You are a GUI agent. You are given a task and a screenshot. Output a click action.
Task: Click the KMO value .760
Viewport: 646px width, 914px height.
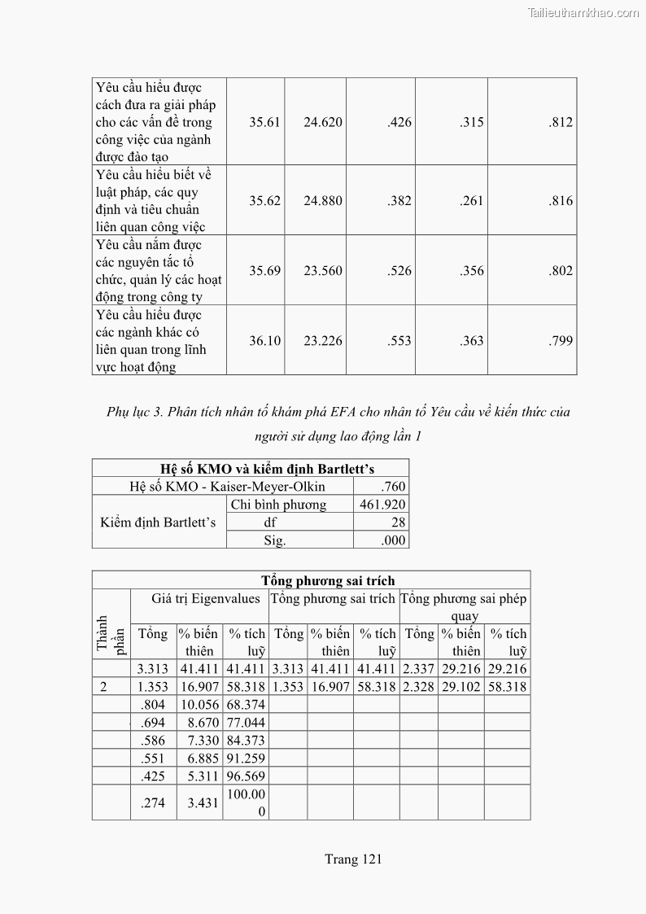pos(393,487)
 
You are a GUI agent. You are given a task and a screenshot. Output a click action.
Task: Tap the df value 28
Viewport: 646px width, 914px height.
pos(398,523)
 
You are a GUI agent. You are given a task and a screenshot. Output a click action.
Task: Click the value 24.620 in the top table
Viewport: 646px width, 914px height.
pos(323,122)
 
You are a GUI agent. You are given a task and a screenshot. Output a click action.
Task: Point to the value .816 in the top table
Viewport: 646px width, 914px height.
pos(561,201)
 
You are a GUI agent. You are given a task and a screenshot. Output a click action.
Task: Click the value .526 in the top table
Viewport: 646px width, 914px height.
pos(399,271)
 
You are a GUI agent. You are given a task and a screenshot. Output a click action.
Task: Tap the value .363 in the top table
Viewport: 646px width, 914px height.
pos(471,341)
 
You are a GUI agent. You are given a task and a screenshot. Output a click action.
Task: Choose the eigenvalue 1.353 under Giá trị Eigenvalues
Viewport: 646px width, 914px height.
pos(153,687)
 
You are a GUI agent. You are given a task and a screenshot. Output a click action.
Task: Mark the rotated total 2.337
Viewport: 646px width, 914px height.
pos(419,669)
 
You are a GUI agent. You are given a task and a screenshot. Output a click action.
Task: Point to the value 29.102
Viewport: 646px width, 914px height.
pos(460,687)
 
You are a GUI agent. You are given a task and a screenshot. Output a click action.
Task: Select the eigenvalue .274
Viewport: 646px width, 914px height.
pos(153,802)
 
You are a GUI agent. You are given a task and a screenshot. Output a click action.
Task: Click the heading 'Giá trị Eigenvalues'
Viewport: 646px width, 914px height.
pos(206,598)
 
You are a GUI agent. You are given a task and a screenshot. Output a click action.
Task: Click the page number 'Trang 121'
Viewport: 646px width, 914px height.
pos(353,859)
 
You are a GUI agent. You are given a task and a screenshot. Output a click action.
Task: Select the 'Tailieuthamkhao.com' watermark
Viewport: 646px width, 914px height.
pos(583,12)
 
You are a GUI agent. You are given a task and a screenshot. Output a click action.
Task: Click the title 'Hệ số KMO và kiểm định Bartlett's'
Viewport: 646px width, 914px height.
pos(250,468)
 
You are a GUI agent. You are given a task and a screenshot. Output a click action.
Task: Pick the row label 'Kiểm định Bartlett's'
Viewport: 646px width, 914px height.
pos(158,522)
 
